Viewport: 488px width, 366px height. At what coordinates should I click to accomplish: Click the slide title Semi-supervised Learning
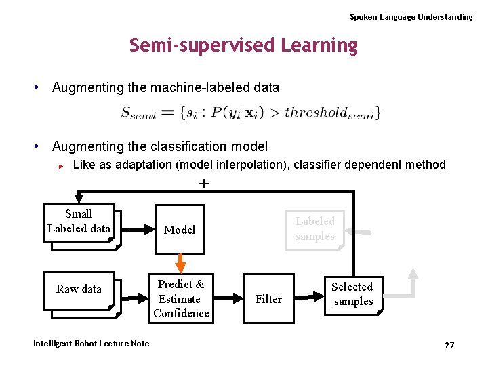point(243,45)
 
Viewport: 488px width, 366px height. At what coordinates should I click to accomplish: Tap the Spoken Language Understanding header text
point(411,17)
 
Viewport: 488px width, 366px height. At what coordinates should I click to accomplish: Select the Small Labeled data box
point(79,222)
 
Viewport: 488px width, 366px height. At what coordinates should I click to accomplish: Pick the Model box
point(180,230)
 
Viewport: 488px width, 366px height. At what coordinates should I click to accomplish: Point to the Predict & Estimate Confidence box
point(180,298)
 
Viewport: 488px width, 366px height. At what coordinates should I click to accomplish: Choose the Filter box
point(268,299)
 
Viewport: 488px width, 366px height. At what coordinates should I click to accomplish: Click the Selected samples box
point(353,295)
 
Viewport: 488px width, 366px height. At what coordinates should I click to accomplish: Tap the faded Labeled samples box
point(314,229)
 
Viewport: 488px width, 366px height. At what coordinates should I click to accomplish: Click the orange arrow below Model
point(180,263)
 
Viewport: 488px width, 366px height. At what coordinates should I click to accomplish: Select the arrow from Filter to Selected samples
point(311,297)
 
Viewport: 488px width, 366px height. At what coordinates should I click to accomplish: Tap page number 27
point(449,346)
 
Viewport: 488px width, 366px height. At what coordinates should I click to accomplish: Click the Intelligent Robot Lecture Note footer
point(91,344)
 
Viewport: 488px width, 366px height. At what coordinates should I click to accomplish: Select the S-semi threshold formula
point(250,113)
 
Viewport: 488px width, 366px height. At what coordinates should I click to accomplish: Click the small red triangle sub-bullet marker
point(61,165)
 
